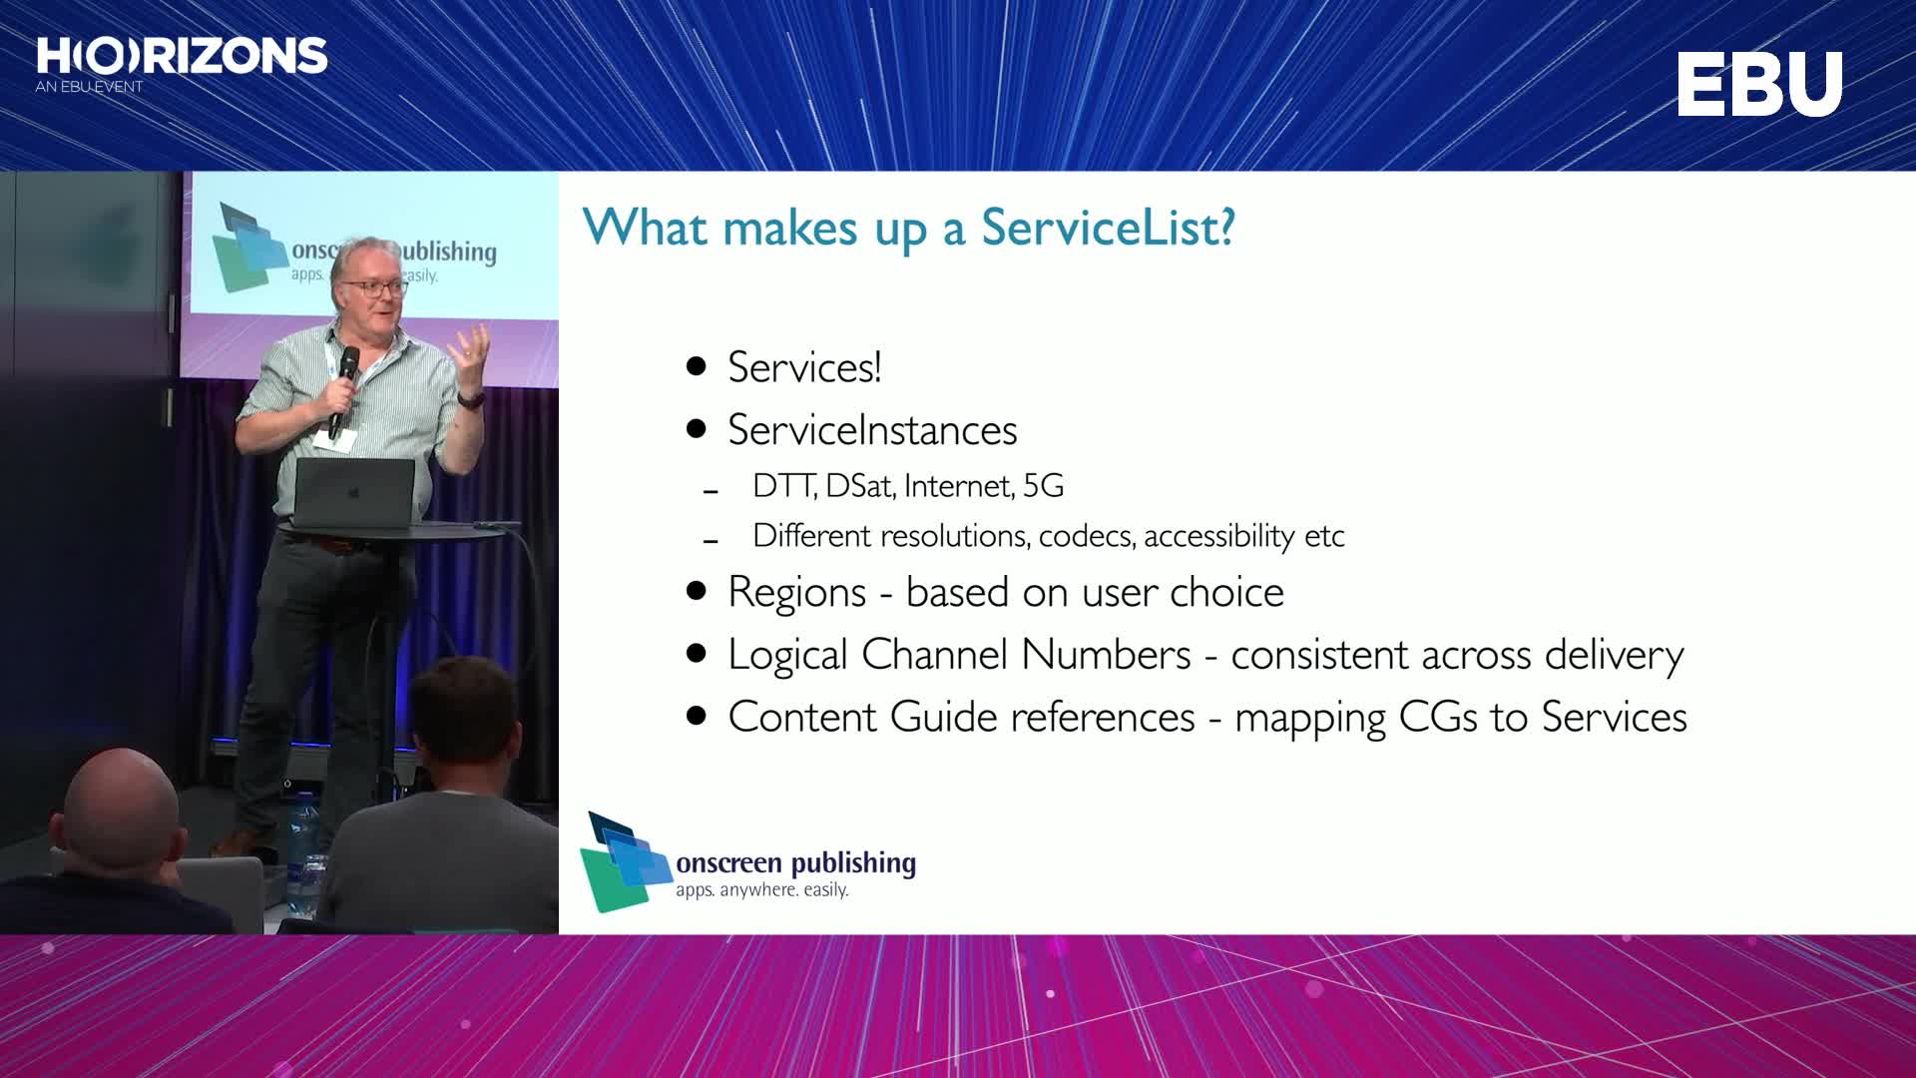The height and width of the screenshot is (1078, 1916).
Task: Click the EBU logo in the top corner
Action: (1759, 84)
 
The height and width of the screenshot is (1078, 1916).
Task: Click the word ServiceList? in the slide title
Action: (1108, 228)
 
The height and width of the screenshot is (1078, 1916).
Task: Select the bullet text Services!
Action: (804, 367)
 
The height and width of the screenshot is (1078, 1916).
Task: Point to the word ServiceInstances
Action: (872, 430)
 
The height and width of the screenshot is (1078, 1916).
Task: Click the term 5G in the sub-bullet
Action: (1044, 486)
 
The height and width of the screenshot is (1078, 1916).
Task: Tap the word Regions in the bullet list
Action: (796, 593)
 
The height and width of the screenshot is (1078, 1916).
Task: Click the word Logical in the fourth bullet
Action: (787, 656)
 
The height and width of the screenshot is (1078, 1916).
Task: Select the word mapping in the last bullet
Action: (1310, 719)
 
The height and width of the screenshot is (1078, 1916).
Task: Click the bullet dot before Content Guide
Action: (697, 716)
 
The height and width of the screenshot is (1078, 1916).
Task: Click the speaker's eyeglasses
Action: (375, 287)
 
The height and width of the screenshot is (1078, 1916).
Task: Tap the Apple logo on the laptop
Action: (353, 492)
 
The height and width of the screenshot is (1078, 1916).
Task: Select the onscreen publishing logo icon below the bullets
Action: (626, 862)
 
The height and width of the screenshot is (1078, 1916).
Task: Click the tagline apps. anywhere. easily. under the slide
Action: (762, 889)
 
